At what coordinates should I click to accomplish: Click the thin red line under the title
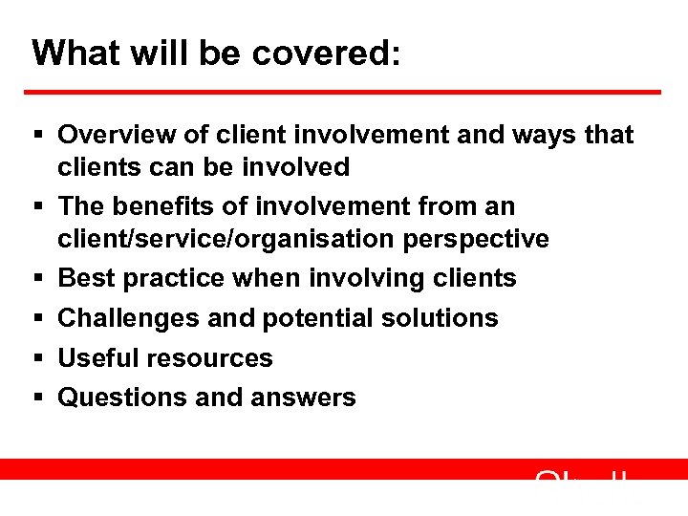[344, 93]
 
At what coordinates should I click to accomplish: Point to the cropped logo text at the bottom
[583, 475]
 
